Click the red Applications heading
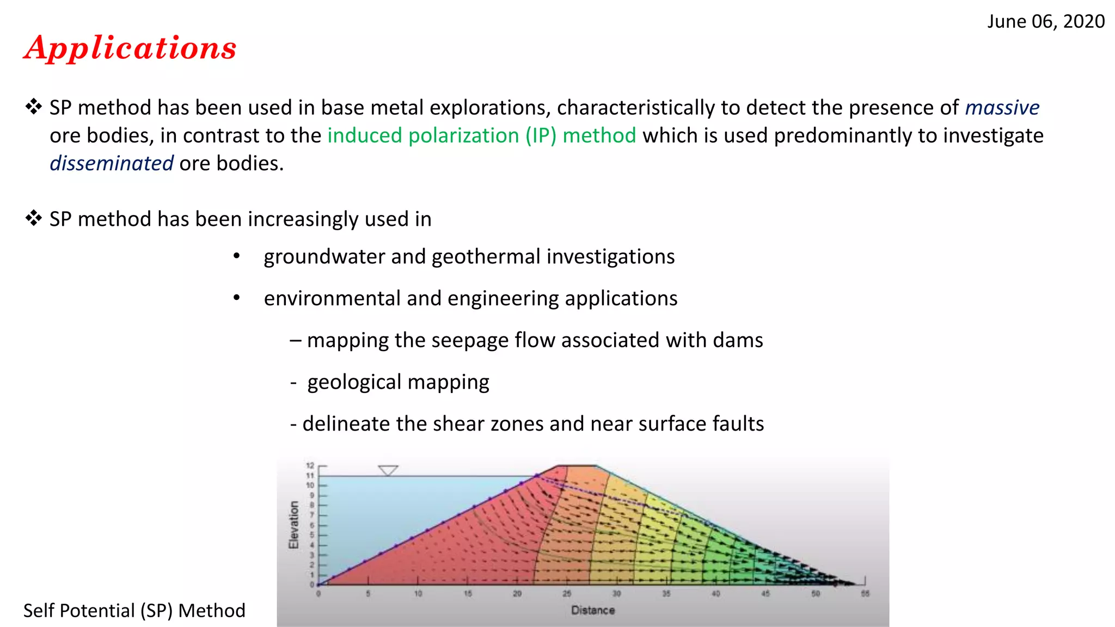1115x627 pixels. (131, 48)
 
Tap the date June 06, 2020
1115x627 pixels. (1046, 22)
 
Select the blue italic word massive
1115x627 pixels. (1002, 108)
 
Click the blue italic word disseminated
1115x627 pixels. (112, 163)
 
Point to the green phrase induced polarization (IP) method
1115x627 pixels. (481, 136)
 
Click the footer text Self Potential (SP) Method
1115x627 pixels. (134, 611)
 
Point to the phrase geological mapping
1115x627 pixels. (398, 382)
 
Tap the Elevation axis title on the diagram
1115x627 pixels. (294, 525)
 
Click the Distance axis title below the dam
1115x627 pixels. (593, 611)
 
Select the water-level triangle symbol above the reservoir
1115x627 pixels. (388, 470)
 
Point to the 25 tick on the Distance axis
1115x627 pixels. (567, 594)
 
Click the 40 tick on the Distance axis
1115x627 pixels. (716, 594)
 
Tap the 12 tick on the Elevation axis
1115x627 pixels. (310, 465)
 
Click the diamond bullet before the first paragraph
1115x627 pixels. (34, 107)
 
